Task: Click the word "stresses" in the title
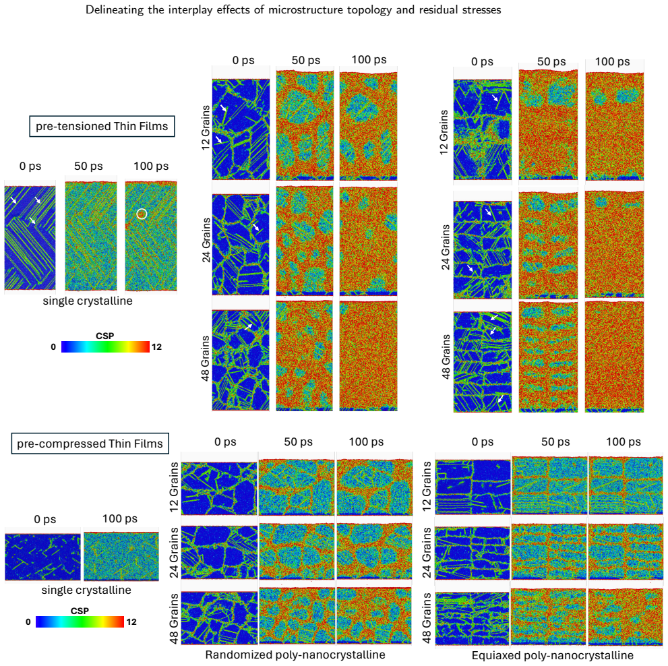tap(481, 10)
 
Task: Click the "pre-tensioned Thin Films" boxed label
tap(102, 126)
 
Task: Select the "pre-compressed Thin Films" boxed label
tap(90, 444)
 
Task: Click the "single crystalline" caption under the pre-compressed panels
tap(86, 590)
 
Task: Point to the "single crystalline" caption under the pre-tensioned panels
tap(88, 301)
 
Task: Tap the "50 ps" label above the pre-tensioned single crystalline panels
tap(88, 166)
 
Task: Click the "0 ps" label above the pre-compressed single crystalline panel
tap(45, 519)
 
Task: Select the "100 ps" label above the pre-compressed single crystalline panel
tap(120, 518)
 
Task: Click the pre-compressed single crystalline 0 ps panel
tap(42, 557)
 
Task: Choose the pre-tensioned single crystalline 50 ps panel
tap(91, 236)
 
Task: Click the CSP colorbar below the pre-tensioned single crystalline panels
tap(105, 347)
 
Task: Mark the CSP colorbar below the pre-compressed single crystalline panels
tap(80, 622)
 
